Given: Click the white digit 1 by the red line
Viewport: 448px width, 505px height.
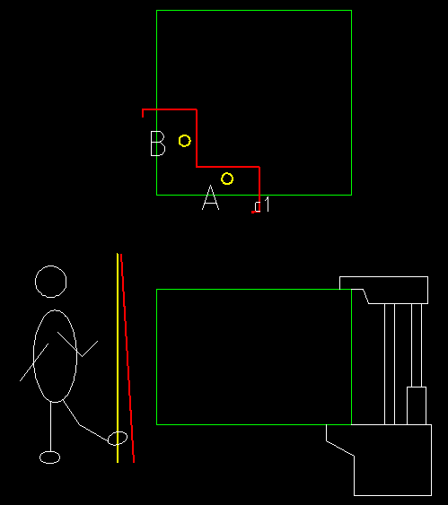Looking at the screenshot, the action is coord(267,205).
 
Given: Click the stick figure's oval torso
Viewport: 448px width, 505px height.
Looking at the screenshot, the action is coord(33,356).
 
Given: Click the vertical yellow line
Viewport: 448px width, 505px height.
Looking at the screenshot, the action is coord(118,358).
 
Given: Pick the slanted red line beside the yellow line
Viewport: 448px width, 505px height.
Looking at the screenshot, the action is coord(127,358).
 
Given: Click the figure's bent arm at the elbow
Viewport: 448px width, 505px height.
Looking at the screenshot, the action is coord(82,356).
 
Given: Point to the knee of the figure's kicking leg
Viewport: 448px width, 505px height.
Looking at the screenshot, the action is coord(80,425).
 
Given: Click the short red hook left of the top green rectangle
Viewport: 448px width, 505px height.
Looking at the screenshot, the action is coord(143,113).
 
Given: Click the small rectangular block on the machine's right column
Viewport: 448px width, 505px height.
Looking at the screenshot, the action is coord(417,405).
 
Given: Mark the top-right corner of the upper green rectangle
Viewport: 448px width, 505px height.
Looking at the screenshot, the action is coord(351,10).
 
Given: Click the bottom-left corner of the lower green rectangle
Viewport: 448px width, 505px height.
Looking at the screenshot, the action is coord(156,424).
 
